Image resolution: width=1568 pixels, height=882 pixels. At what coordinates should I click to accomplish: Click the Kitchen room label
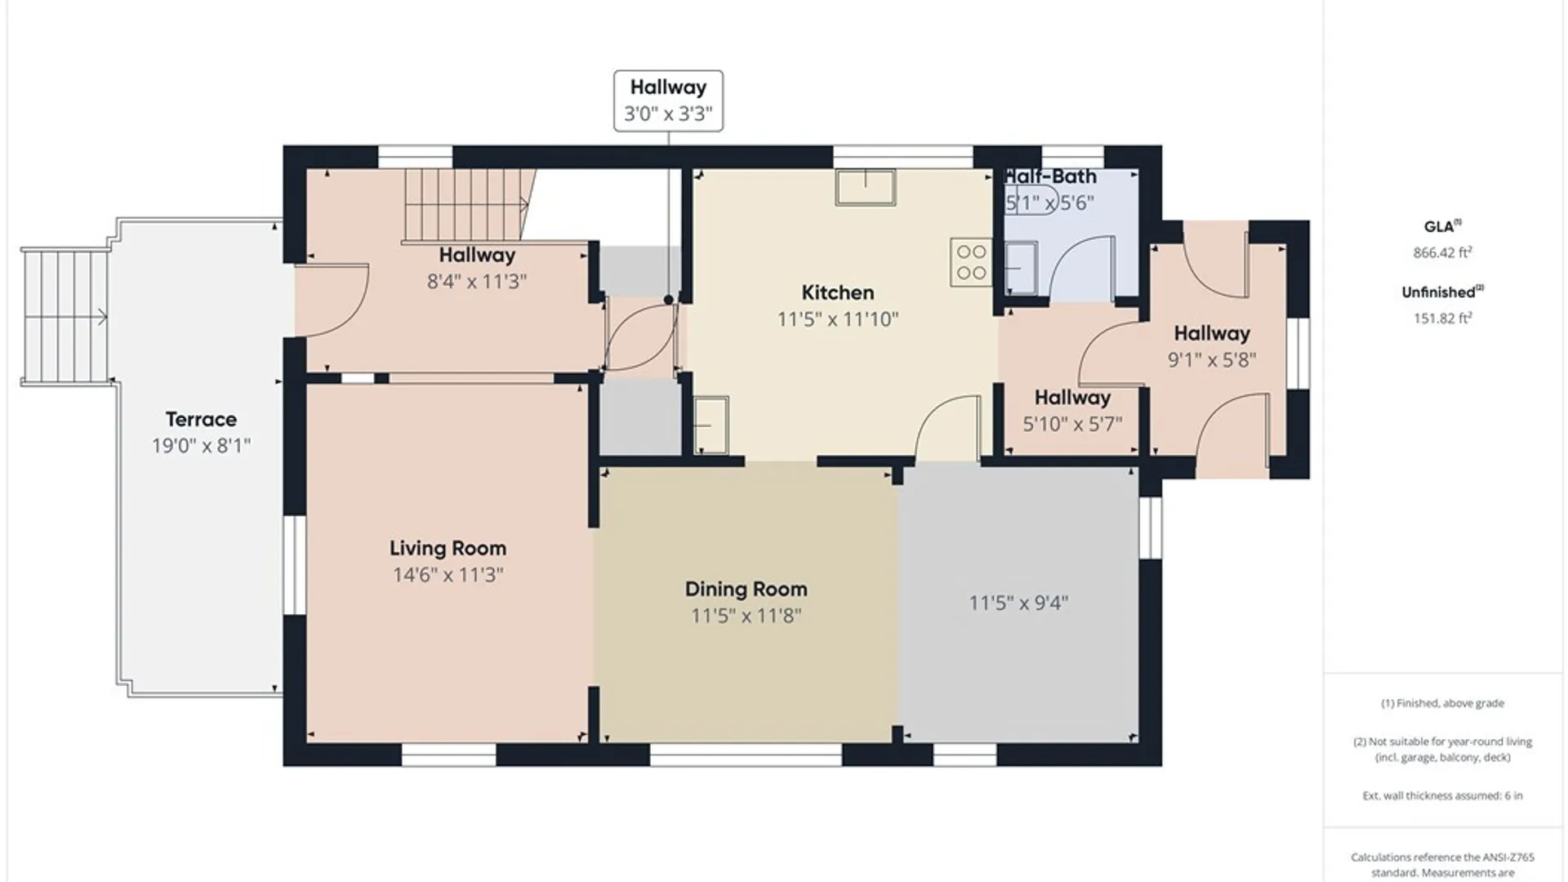click(837, 292)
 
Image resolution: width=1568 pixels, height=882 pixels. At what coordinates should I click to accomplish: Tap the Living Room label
click(448, 548)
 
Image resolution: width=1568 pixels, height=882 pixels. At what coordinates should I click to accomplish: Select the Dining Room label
click(746, 589)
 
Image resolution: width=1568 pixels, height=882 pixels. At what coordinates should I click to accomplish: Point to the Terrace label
click(201, 419)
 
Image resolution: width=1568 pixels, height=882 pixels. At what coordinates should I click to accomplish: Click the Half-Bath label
click(1050, 176)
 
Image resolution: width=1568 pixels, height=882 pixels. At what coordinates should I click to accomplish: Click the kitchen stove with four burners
click(971, 262)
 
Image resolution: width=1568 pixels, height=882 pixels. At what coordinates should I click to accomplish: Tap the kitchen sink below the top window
click(866, 187)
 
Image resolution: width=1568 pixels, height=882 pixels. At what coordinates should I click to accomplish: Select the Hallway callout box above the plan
click(668, 100)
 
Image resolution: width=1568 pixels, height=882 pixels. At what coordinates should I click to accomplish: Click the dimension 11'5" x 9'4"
click(1018, 603)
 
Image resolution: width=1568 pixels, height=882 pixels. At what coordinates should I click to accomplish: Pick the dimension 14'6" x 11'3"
click(448, 574)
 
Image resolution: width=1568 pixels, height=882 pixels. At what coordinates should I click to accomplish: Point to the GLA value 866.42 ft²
click(1442, 252)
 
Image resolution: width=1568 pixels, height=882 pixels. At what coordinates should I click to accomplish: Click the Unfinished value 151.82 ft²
click(1442, 318)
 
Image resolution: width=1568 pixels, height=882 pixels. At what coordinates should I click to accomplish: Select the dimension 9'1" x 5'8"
click(1212, 359)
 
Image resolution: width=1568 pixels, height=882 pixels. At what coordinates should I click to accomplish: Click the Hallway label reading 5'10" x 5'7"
click(1072, 398)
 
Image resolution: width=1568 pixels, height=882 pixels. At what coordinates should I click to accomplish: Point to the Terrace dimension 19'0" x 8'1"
click(201, 445)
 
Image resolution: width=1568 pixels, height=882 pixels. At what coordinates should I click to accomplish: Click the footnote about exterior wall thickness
click(1442, 795)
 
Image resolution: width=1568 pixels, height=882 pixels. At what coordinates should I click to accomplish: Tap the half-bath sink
click(1021, 268)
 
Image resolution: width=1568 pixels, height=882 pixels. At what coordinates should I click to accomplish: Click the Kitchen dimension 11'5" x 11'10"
click(837, 318)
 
